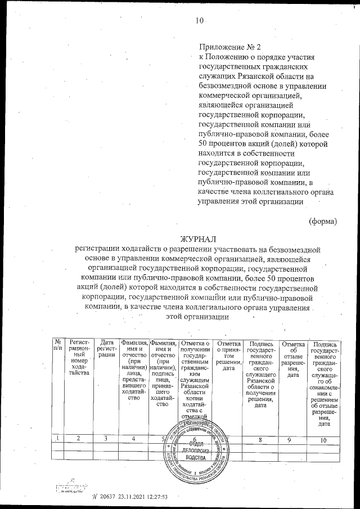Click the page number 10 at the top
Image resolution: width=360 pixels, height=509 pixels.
pyautogui.click(x=199, y=21)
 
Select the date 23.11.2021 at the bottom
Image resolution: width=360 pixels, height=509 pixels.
pyautogui.click(x=133, y=496)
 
